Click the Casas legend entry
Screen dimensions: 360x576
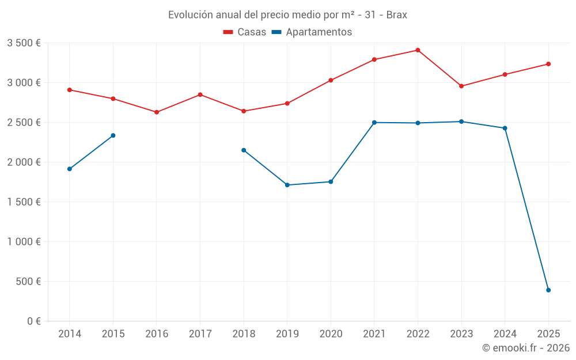pos(245,32)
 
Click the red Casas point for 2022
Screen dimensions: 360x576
pos(418,50)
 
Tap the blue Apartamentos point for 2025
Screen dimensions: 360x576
pos(548,290)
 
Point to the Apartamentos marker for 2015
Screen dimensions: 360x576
pos(113,135)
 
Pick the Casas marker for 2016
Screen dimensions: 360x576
pos(157,112)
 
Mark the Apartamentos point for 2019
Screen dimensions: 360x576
pos(287,185)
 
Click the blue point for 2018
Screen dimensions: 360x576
pos(244,150)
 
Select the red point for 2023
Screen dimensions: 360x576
pos(461,86)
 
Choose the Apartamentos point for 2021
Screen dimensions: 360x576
pos(374,123)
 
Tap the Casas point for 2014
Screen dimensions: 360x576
pos(69,90)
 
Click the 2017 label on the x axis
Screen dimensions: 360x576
pos(200,334)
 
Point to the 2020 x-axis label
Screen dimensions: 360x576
pos(331,334)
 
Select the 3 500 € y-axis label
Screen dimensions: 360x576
pos(24,43)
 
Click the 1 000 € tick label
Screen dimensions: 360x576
pos(24,242)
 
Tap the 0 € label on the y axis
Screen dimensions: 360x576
pos(32,321)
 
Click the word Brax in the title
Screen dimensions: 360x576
pos(396,15)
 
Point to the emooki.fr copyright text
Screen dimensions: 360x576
pos(525,348)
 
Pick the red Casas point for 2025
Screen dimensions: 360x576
pos(548,64)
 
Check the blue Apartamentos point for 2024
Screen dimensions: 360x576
pos(505,128)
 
